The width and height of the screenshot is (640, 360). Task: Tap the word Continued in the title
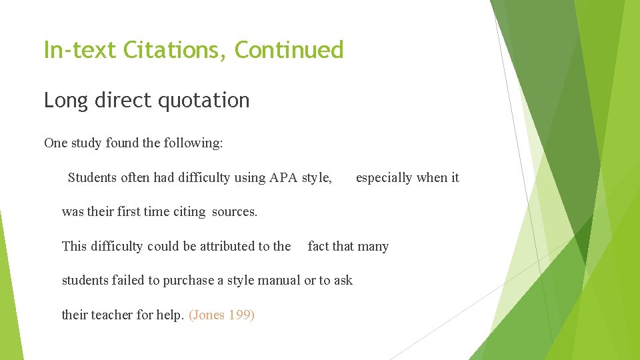289,50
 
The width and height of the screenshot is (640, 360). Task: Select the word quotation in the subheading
203,101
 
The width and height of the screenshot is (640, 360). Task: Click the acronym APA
283,177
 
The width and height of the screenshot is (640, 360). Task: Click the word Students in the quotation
93,177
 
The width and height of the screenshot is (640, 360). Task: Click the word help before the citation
169,315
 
